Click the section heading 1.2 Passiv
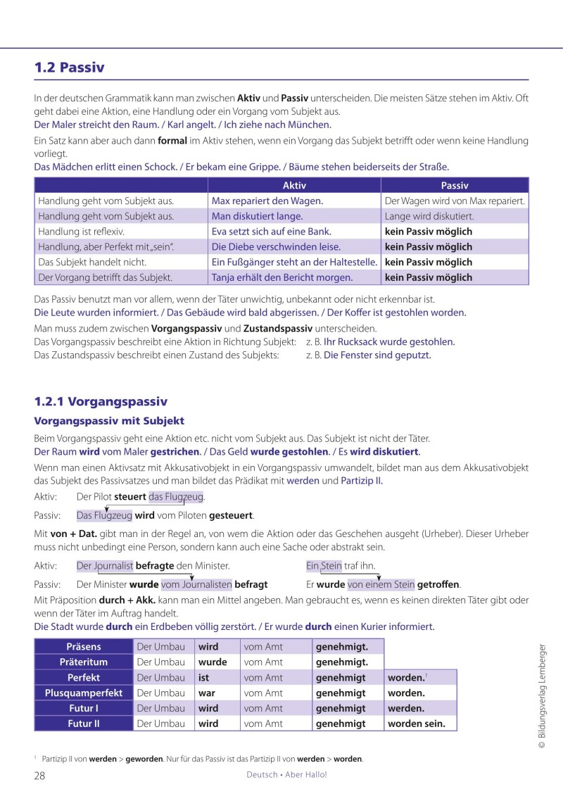[x=69, y=68]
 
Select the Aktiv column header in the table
[x=294, y=186]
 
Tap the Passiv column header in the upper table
[x=455, y=186]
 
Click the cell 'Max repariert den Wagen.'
[x=267, y=201]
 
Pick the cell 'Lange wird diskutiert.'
[x=429, y=217]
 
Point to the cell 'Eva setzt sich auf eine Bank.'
[x=272, y=232]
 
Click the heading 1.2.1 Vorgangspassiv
[x=101, y=402]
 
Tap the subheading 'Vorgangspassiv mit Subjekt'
[x=109, y=421]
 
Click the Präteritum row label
[x=83, y=662]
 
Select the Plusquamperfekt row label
[x=83, y=693]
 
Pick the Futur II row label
[x=83, y=724]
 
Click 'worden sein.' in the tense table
[x=417, y=724]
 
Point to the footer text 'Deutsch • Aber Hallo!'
[x=286, y=775]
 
